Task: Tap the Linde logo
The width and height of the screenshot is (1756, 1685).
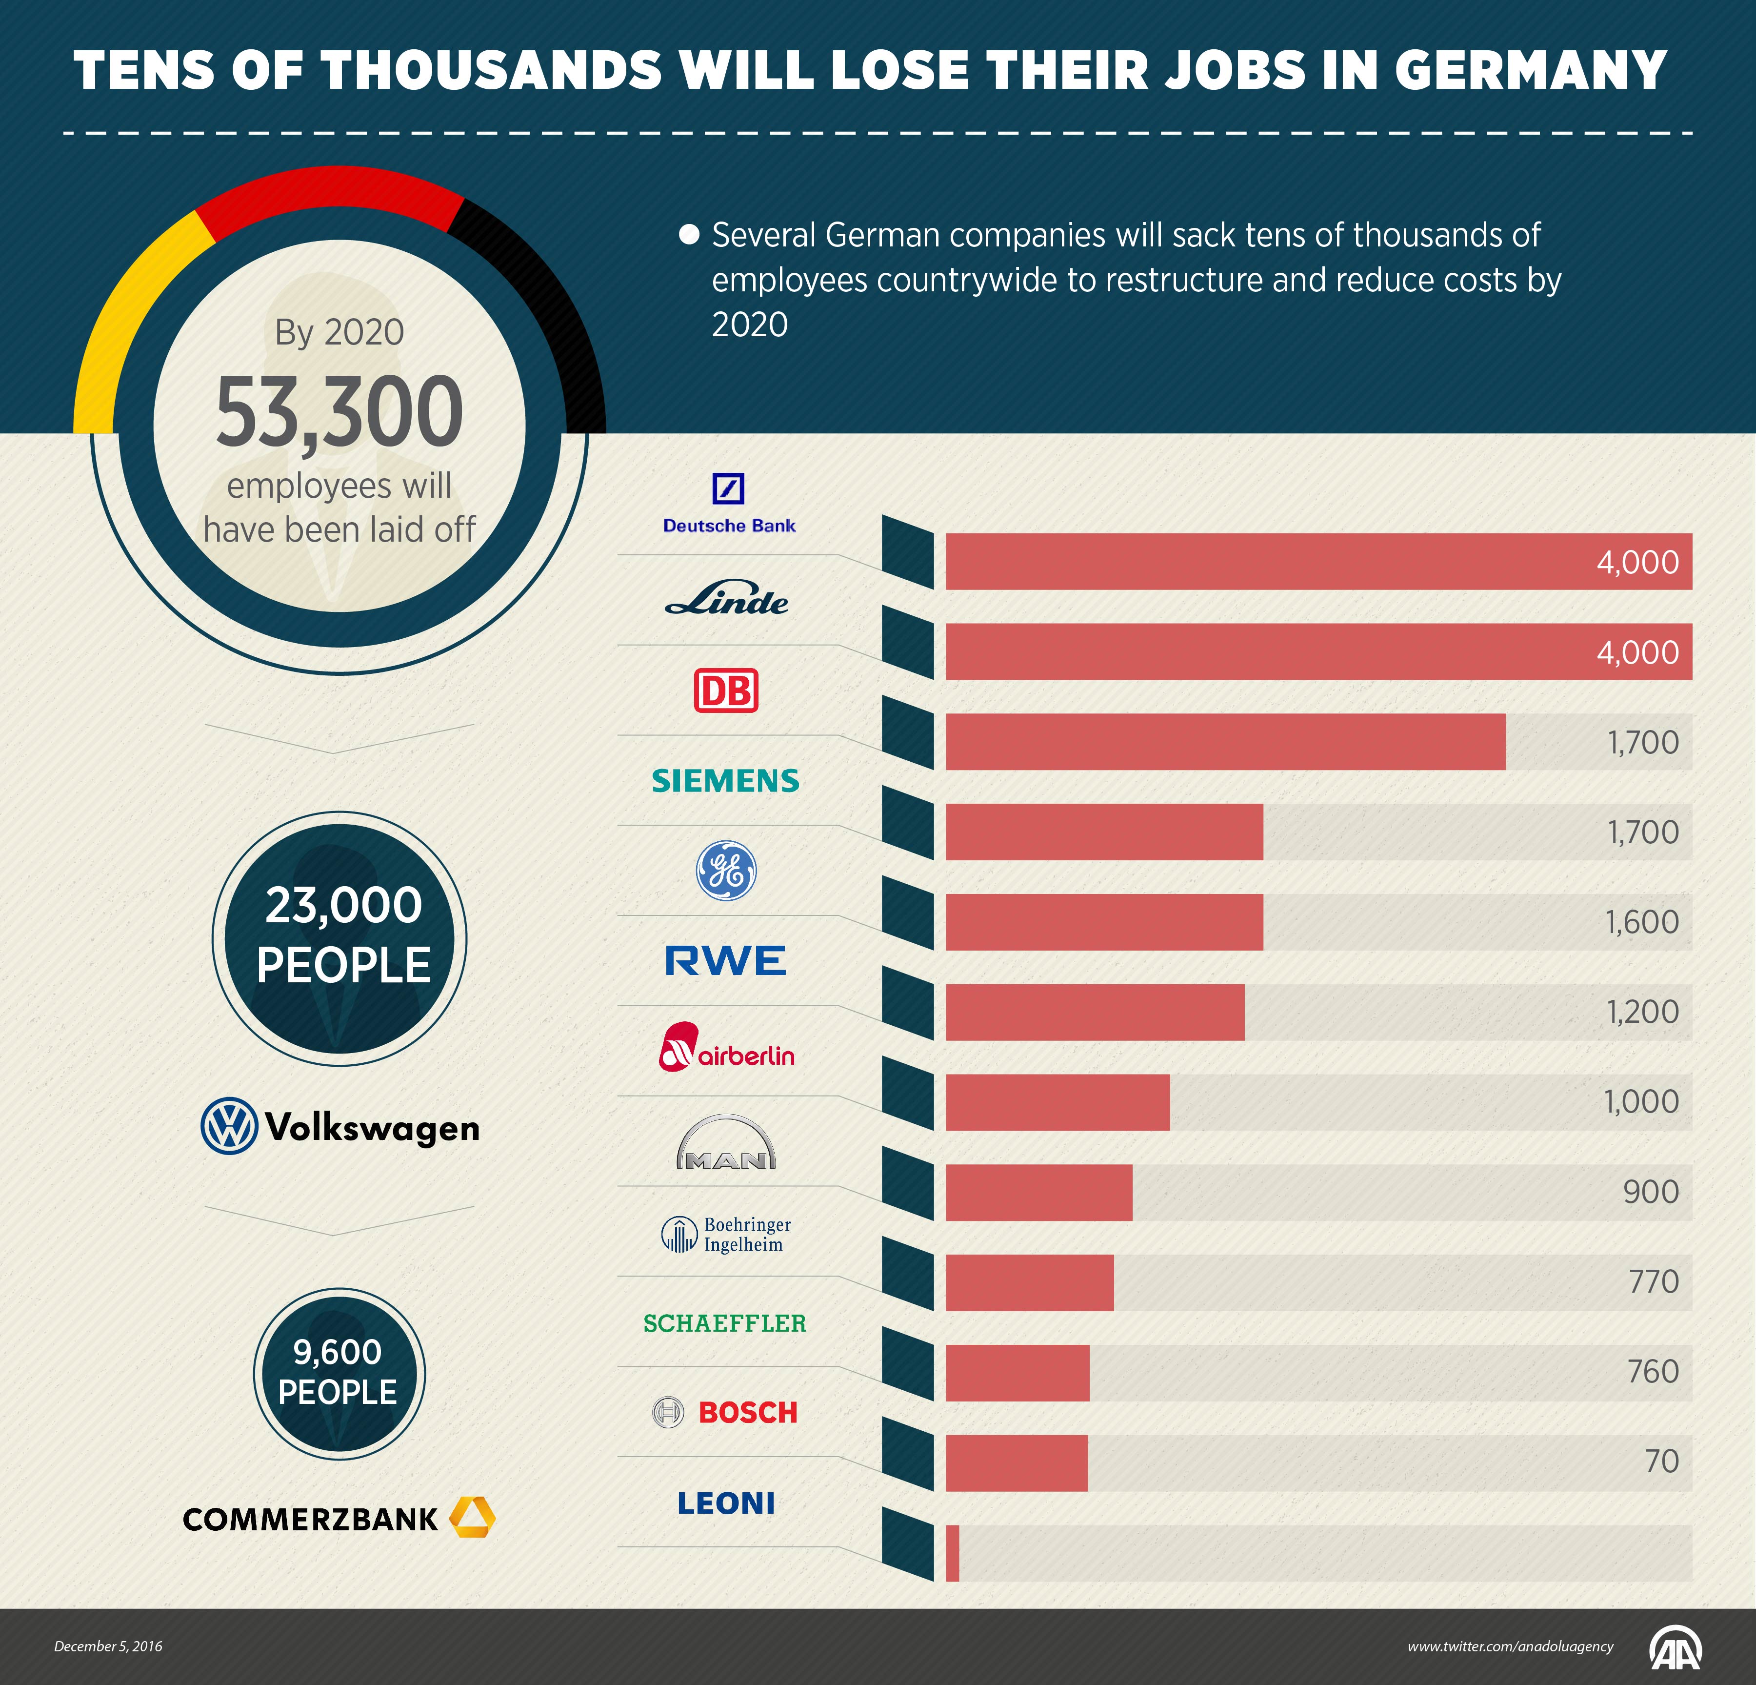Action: tap(727, 599)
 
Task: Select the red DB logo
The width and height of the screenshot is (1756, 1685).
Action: tap(726, 690)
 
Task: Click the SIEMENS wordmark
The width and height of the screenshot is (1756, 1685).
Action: tap(726, 781)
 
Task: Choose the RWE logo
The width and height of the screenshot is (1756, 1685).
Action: tap(726, 961)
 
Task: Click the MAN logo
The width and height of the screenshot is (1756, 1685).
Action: tap(726, 1143)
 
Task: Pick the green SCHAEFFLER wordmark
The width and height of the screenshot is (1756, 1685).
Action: tap(725, 1323)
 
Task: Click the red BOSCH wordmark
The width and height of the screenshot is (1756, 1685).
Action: tap(747, 1413)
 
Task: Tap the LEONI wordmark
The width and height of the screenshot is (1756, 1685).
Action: tap(726, 1503)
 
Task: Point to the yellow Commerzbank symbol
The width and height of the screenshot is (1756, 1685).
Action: tap(472, 1517)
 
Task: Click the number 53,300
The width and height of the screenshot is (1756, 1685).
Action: tap(339, 412)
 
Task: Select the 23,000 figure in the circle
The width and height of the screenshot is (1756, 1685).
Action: tap(343, 905)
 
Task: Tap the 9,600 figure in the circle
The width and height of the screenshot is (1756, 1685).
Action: tap(338, 1352)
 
